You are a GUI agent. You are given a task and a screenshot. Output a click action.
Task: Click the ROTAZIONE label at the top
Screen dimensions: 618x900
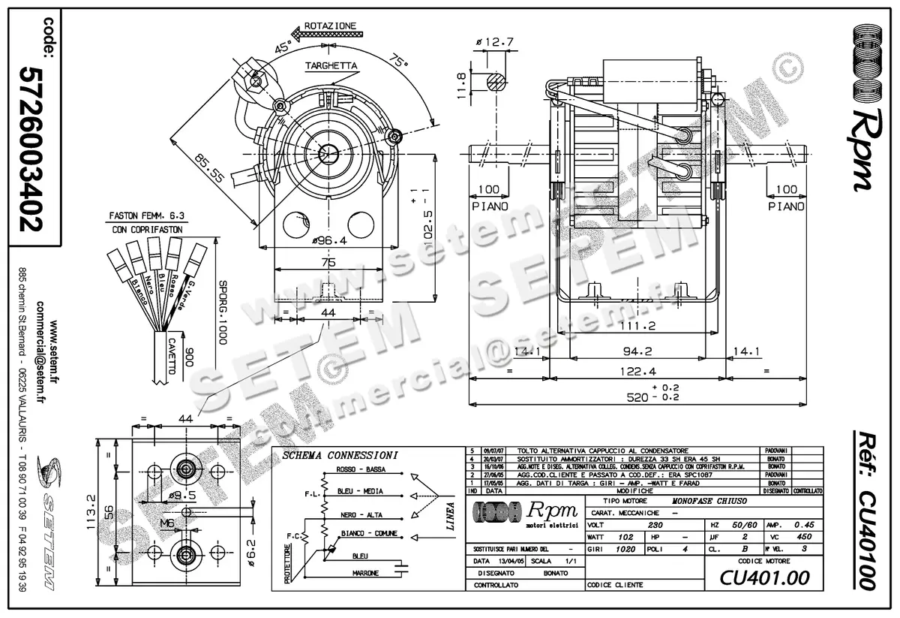[331, 26]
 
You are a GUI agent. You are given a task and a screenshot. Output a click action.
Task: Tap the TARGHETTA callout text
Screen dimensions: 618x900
[331, 66]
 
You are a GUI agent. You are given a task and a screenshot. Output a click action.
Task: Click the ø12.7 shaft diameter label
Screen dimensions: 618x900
[496, 42]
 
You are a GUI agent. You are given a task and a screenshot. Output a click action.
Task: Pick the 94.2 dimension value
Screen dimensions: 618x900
[637, 351]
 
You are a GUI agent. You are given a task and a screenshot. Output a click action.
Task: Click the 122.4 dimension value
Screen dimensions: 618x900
[637, 371]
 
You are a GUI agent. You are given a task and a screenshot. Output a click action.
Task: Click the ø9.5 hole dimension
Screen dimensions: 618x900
[182, 496]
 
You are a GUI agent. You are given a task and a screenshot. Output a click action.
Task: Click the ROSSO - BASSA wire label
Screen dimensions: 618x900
[361, 470]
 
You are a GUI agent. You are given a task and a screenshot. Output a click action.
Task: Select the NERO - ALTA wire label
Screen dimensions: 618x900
[360, 515]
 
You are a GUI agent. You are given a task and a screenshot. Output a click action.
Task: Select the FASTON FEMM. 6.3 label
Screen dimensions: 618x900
[145, 216]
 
